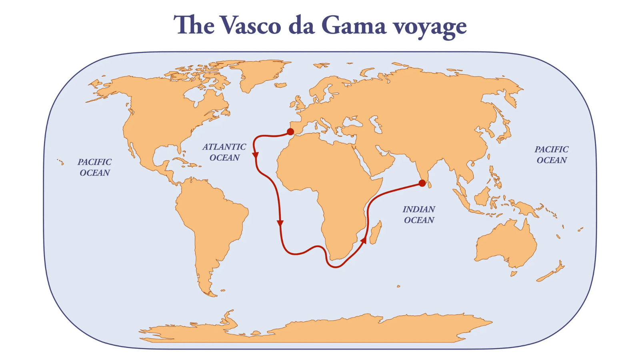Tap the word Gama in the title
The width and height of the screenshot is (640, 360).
[x=354, y=26]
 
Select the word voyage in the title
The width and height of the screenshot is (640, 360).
[x=430, y=26]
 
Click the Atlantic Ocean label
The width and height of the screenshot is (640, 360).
[x=224, y=152]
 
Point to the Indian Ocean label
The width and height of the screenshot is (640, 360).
[x=419, y=215]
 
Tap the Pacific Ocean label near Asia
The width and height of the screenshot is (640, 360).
[x=552, y=155]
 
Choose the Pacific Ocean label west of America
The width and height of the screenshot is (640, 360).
[x=95, y=167]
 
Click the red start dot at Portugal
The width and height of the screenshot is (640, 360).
[x=291, y=132]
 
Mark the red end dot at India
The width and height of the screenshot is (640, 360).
[x=422, y=183]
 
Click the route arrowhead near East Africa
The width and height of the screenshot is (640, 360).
[x=364, y=240]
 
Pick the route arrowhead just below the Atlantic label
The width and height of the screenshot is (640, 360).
[x=255, y=155]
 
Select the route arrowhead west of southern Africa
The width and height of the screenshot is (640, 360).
[x=280, y=223]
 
